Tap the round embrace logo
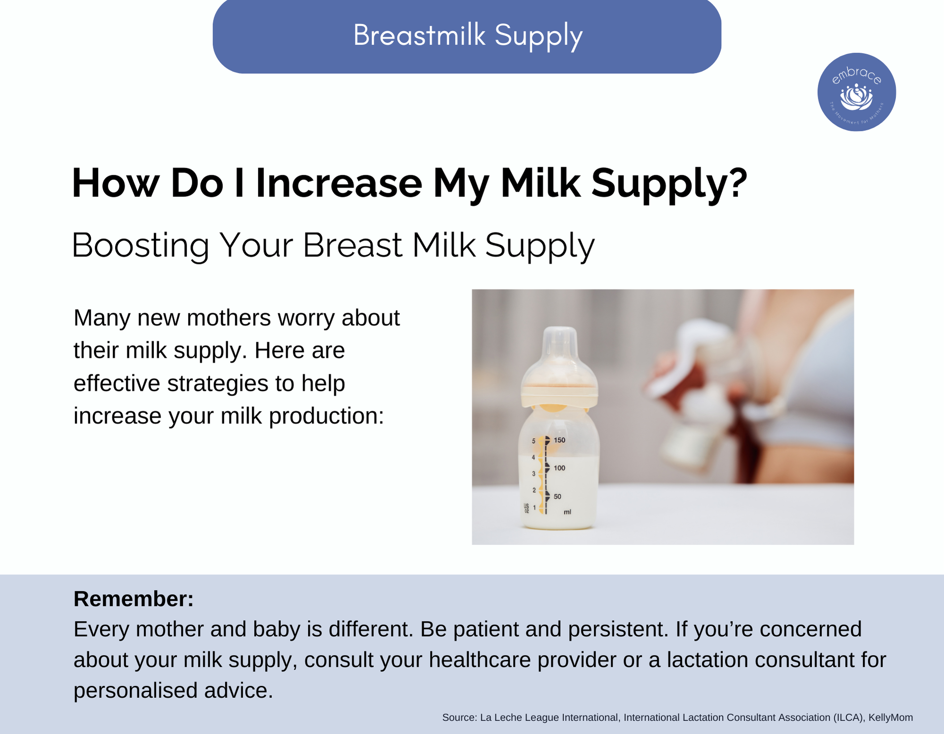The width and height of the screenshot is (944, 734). (857, 92)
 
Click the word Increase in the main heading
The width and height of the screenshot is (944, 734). (339, 183)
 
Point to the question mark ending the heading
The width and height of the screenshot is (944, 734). (738, 182)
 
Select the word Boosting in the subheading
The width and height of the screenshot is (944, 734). (140, 245)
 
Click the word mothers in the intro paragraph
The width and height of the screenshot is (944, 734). (228, 318)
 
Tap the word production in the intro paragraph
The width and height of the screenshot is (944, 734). (326, 416)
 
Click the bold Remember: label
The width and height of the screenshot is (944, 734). (134, 599)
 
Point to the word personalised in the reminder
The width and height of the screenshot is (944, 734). (135, 691)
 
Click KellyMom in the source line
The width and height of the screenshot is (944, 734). (891, 718)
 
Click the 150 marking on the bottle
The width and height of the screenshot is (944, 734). (559, 440)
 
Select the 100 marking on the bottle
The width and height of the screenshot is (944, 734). (559, 468)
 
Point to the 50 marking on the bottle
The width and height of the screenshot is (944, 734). (557, 497)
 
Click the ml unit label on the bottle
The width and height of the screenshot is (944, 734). (567, 512)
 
